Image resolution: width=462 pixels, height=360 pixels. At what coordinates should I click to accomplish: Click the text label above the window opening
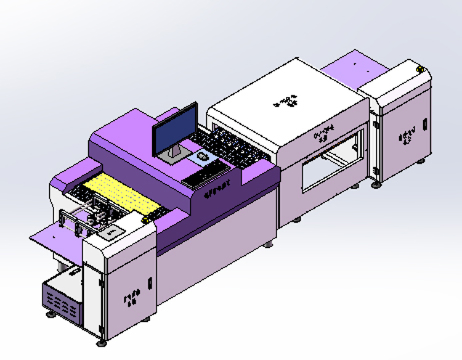[x=324, y=133]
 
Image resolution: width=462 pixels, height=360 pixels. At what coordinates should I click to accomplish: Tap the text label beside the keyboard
[x=217, y=187]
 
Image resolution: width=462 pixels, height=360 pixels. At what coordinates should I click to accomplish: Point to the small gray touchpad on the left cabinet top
[x=113, y=232]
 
